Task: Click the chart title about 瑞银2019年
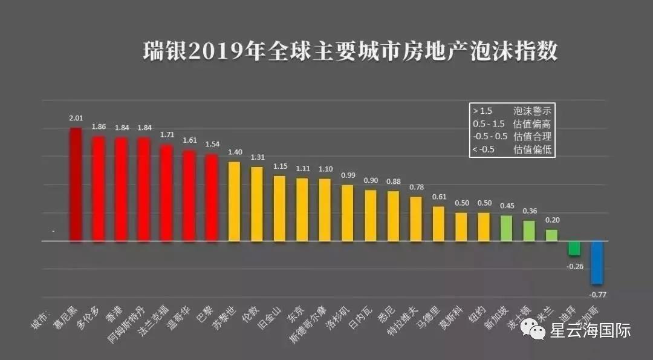click(x=349, y=51)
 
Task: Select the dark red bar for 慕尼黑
click(x=76, y=185)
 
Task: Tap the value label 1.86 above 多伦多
click(x=99, y=127)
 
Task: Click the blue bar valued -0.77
click(x=597, y=263)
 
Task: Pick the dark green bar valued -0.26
click(x=574, y=248)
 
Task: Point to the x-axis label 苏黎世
click(x=225, y=315)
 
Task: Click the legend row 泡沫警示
click(x=512, y=111)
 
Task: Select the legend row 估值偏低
click(x=512, y=149)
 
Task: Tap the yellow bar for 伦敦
click(x=257, y=204)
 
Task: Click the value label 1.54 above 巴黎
click(x=212, y=145)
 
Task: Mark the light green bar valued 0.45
click(x=507, y=228)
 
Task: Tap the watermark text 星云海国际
click(x=590, y=331)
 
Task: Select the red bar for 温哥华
click(x=189, y=195)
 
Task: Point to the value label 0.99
click(x=348, y=175)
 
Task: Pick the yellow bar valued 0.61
click(x=439, y=224)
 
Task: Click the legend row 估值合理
click(x=512, y=137)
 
